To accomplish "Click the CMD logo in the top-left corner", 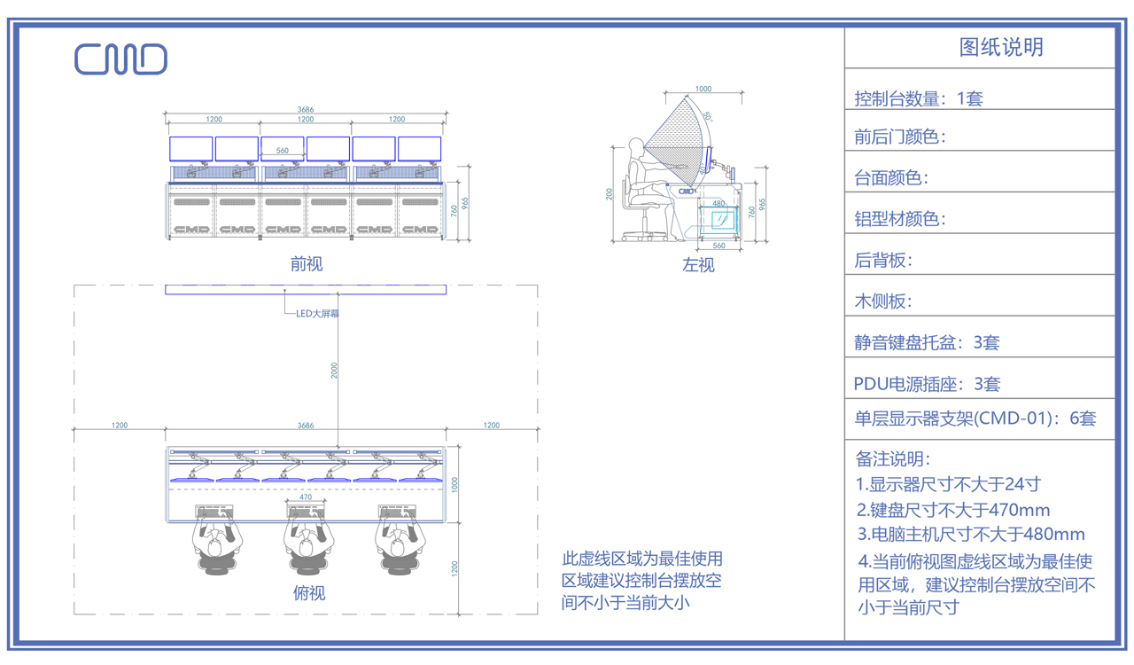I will tap(120, 59).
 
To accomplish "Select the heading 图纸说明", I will tap(1001, 47).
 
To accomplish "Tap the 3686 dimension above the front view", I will tap(306, 110).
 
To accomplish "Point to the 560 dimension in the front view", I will tap(282, 151).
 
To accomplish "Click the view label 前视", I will tap(307, 263).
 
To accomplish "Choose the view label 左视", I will tap(698, 264).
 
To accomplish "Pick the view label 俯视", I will tap(308, 592).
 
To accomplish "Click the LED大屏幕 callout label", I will tap(317, 314).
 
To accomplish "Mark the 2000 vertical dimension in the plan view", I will tap(334, 371).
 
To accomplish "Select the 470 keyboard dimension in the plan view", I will tap(306, 497).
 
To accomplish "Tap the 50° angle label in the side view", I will tap(707, 115).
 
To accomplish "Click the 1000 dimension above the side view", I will tap(703, 89).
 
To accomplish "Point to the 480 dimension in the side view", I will tap(718, 204).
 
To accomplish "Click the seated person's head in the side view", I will tap(636, 146).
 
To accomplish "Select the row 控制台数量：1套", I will tap(919, 98).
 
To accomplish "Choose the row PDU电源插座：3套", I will tap(927, 384).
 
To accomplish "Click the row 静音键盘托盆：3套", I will tap(927, 342).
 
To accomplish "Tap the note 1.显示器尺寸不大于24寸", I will tap(948, 484).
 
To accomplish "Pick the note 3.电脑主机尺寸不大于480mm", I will tap(971, 534).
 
